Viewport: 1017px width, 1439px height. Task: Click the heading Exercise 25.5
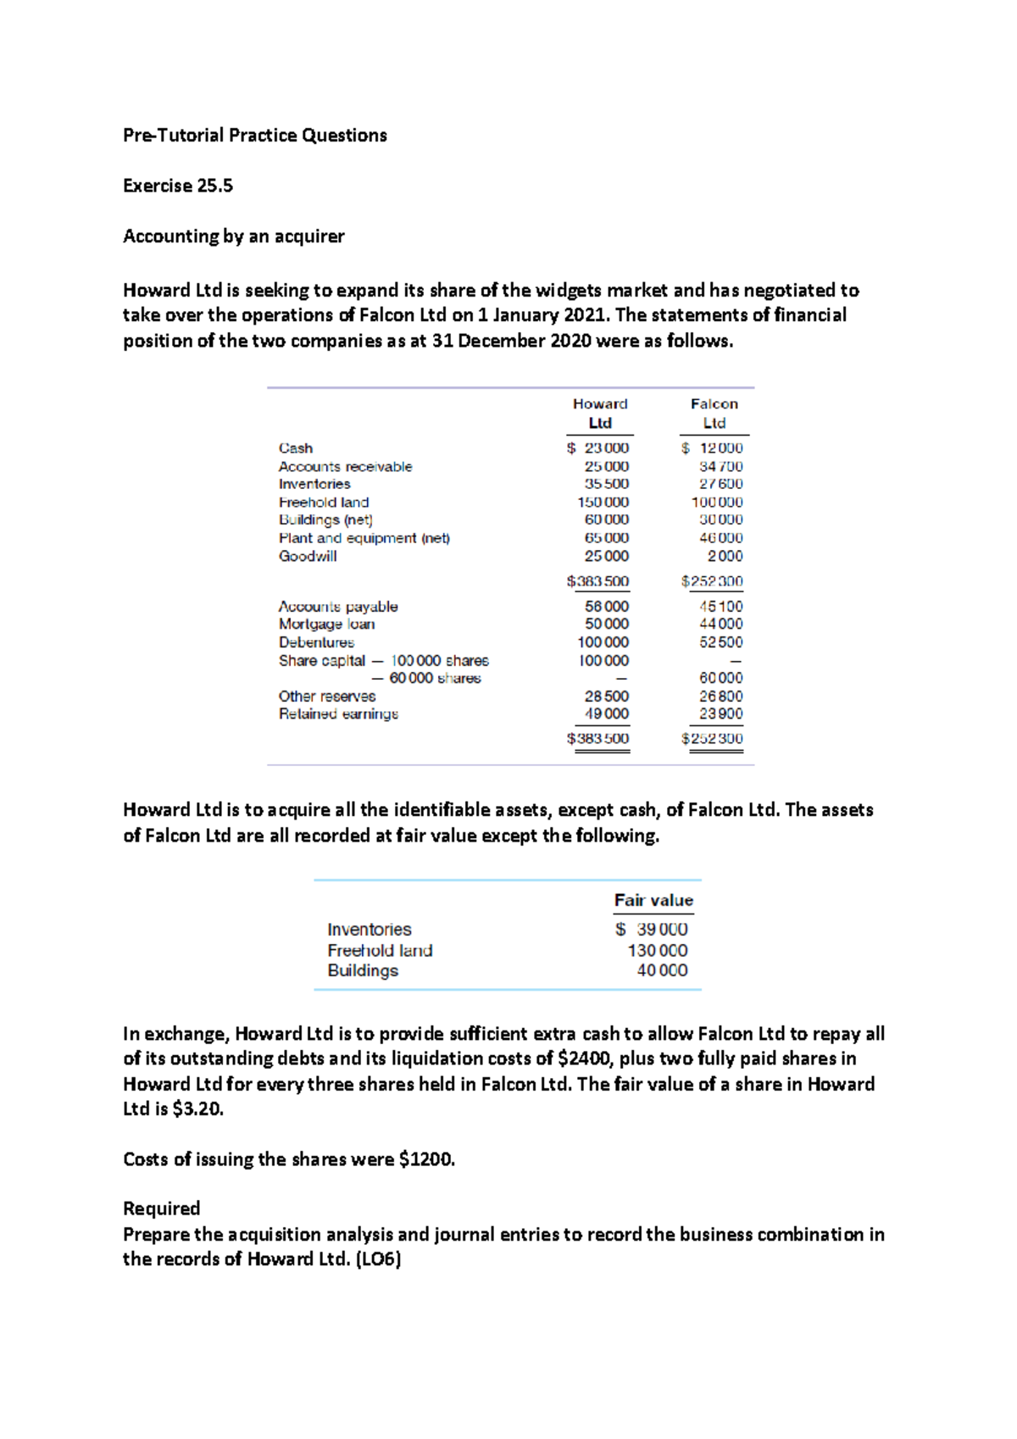177,186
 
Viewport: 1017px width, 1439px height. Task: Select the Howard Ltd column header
600,413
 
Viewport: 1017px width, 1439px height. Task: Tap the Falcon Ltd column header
714,413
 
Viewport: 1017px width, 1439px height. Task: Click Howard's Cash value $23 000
598,447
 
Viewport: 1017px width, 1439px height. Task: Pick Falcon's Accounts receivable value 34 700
721,466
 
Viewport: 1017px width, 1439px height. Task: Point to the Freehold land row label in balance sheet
323,502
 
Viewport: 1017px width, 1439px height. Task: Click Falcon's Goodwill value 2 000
725,556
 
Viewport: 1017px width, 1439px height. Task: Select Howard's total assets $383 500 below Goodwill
598,581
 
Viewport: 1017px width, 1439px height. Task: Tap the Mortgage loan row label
326,624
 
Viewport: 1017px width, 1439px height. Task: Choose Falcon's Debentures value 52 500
721,642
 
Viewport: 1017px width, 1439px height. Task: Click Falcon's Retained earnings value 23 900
721,714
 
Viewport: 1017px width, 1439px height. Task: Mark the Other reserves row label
326,696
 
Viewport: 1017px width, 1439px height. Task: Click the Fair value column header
653,900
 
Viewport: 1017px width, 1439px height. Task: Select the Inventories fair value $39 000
652,929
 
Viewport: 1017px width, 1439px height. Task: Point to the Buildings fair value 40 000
662,970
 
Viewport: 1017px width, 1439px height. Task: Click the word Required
161,1208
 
